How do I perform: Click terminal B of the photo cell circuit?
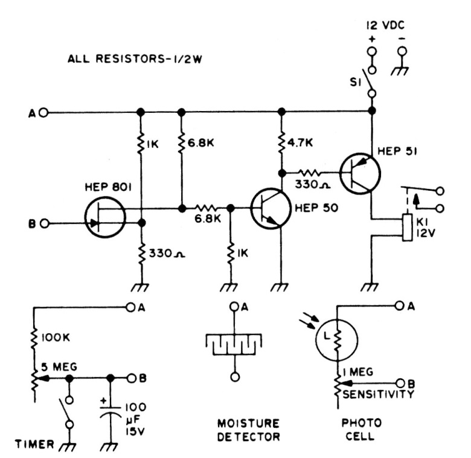400,383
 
